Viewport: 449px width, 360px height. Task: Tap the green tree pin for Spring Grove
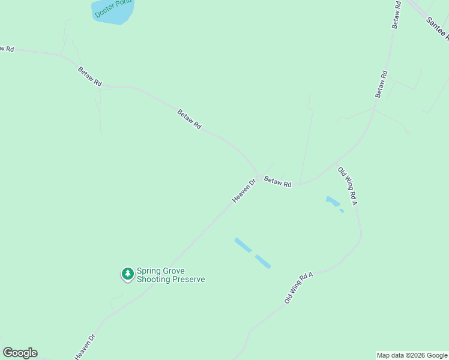tap(127, 274)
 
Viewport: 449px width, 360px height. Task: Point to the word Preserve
tap(188, 279)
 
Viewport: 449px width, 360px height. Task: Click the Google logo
tap(20, 353)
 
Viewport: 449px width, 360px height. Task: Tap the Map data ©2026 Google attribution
tap(412, 355)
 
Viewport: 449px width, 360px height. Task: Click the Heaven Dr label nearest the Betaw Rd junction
tap(244, 190)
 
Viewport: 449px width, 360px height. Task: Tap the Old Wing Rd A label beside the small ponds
tap(348, 187)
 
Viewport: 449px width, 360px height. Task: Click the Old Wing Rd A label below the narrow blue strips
tap(299, 287)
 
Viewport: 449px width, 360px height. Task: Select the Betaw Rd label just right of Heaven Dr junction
tap(278, 181)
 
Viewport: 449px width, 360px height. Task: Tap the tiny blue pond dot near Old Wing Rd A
tap(342, 211)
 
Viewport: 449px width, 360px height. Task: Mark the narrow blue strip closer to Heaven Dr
tap(243, 245)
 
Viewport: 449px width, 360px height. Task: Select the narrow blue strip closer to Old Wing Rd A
tap(263, 261)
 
